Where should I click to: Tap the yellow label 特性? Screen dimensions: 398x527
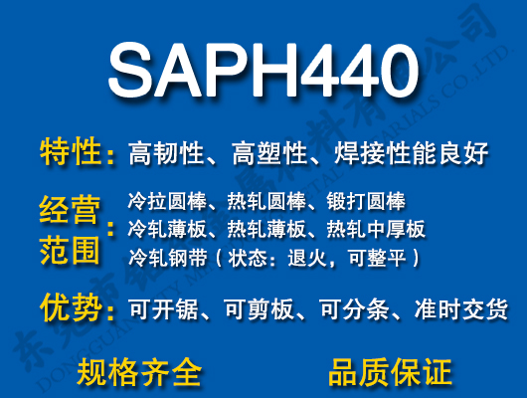click(71, 153)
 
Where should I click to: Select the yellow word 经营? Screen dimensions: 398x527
click(71, 212)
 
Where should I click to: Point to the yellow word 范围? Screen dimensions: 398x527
click(71, 250)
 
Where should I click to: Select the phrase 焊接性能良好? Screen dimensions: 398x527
click(411, 154)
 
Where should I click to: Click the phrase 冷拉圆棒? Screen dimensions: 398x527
click(162, 202)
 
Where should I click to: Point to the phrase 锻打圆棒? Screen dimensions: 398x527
click(366, 202)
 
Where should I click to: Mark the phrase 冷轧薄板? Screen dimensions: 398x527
click(162, 230)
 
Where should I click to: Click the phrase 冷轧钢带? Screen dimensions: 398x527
click(162, 258)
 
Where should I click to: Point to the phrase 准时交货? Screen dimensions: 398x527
click(459, 310)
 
